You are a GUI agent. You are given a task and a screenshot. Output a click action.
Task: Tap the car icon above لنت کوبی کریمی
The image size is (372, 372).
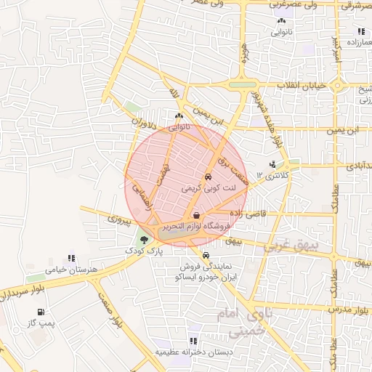coord(208,177)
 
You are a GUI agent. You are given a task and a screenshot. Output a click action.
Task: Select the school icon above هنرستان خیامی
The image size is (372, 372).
coord(71,258)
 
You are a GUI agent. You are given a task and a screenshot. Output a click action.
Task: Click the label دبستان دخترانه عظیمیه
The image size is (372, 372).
coord(193,352)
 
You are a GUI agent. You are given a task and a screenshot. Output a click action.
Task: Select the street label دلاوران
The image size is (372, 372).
coord(143,131)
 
